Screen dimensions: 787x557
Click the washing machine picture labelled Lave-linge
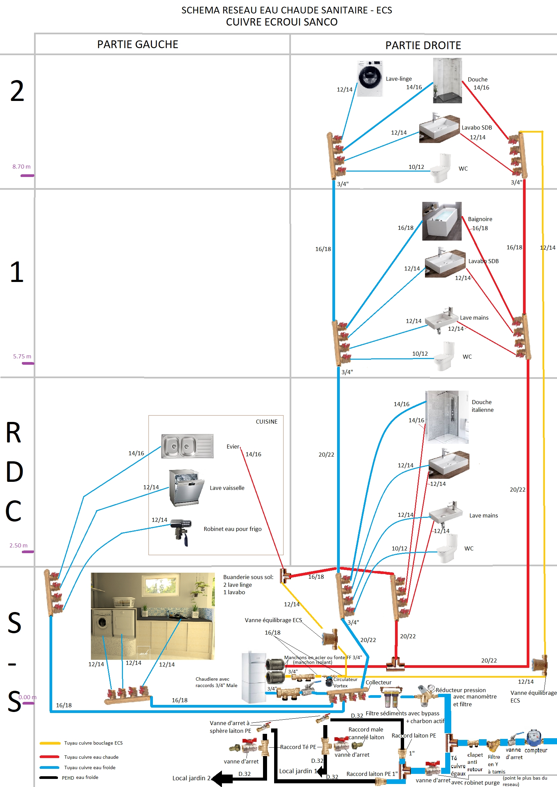point(370,78)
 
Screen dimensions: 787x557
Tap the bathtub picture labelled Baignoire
point(442,221)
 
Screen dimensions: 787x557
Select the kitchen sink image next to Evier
point(187,446)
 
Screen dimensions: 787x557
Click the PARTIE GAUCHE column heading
point(137,44)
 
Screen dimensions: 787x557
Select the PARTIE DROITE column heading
point(423,45)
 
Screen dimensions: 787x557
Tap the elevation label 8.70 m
point(22,167)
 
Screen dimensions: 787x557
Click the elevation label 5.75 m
point(22,356)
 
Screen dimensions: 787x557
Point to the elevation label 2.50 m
point(19,545)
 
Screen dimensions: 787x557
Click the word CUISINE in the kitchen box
point(266,422)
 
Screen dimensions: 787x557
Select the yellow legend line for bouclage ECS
point(50,743)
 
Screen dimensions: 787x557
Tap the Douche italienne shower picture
point(447,417)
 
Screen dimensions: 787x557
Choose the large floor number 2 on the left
point(17,91)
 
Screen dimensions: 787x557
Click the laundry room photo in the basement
point(153,616)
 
